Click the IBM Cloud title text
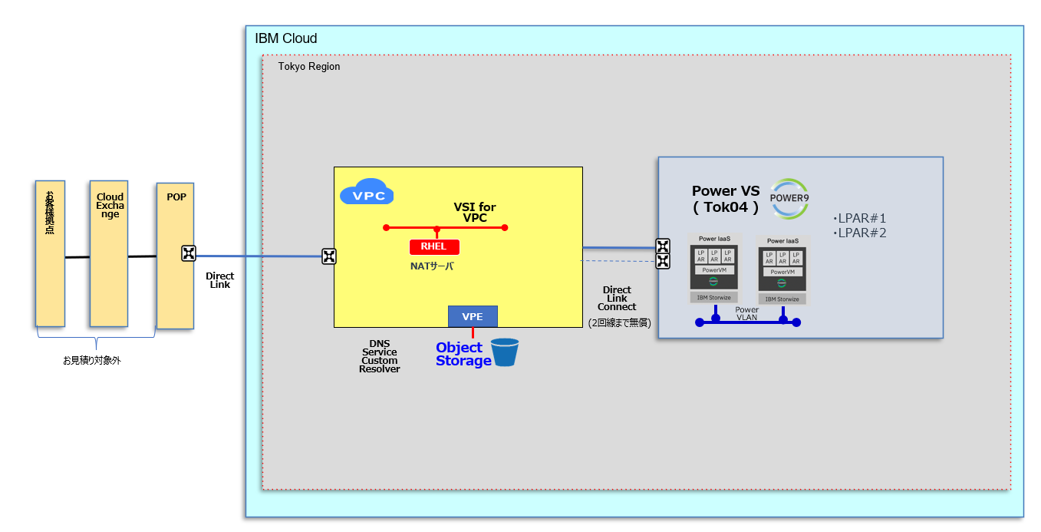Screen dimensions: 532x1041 [285, 38]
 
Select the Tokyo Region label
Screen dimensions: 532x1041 [309, 67]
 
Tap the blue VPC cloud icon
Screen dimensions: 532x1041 [367, 192]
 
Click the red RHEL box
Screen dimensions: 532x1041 [434, 246]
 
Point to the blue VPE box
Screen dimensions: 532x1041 [473, 316]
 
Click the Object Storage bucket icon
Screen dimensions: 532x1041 [505, 352]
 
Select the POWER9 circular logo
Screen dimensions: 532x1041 [789, 199]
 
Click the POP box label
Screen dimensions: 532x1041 [176, 197]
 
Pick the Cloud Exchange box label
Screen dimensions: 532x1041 [110, 206]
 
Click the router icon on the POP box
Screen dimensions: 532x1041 [189, 254]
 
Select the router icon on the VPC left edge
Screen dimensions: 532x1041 [328, 256]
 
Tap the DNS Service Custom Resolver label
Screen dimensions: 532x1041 [380, 356]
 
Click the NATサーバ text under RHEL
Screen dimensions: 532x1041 [432, 266]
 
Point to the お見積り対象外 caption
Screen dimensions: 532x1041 [91, 360]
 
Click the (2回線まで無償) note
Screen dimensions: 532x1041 [619, 323]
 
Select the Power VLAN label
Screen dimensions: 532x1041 [746, 313]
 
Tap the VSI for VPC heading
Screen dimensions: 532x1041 [475, 213]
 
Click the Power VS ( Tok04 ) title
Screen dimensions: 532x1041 [726, 199]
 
